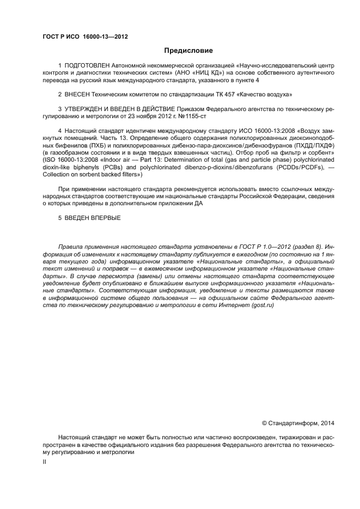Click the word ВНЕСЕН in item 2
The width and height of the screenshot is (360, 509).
(x=79, y=94)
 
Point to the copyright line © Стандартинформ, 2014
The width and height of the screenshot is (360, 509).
(x=298, y=423)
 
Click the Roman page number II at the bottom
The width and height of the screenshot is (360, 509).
(x=45, y=461)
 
